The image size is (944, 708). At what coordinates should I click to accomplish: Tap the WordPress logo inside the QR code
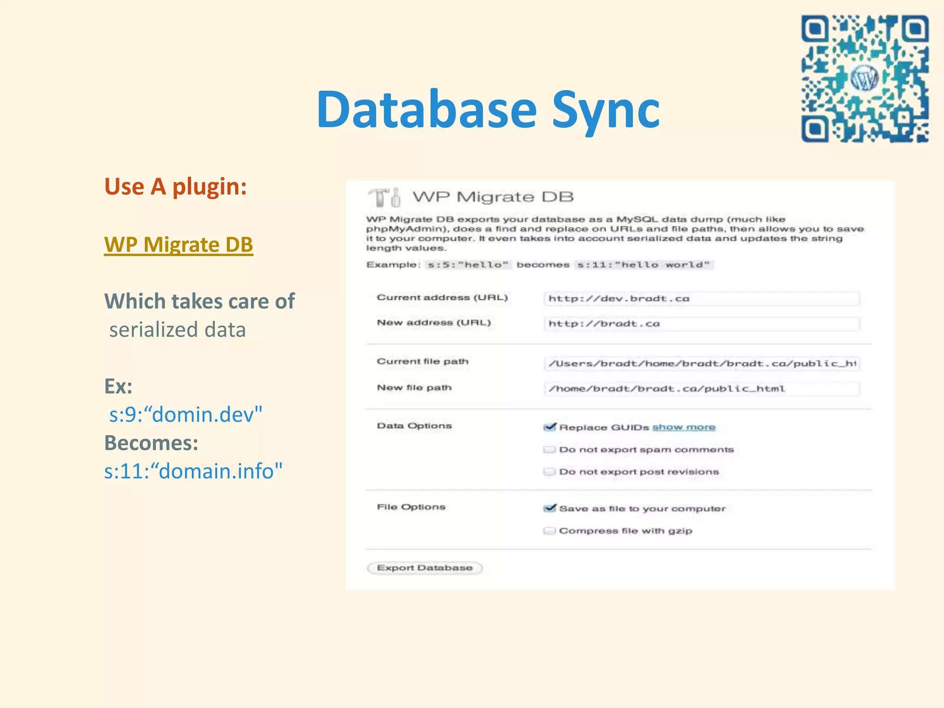point(864,79)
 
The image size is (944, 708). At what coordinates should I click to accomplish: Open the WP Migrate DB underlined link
point(178,244)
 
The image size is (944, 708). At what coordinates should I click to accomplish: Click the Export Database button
point(425,568)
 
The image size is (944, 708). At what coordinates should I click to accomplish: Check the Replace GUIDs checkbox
point(549,427)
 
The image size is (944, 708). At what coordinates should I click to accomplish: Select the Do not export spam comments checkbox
point(549,449)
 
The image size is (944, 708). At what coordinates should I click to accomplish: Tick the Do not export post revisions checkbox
point(549,472)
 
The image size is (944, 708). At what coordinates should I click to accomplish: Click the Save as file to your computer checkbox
point(549,508)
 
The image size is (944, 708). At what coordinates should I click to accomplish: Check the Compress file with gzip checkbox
point(549,531)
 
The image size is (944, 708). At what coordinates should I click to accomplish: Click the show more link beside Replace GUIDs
point(684,427)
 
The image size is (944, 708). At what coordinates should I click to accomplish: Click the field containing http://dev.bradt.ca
point(701,299)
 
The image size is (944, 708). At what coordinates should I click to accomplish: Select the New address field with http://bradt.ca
point(701,324)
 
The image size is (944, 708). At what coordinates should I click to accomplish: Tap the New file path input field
point(701,389)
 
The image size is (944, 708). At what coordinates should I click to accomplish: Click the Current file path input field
point(701,364)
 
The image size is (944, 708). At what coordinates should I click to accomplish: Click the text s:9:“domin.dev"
point(185,414)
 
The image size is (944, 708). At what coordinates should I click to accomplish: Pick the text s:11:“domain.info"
point(193,471)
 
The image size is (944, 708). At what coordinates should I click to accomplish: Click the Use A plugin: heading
point(176,187)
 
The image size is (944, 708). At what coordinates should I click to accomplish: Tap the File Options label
point(411,507)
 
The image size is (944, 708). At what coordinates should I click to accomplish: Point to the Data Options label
point(414,426)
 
